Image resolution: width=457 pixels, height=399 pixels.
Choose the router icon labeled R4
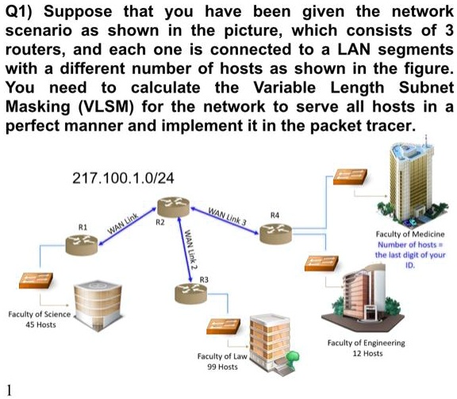[274, 230]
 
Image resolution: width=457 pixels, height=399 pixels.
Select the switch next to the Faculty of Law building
[220, 328]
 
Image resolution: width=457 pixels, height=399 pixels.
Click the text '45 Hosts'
[40, 325]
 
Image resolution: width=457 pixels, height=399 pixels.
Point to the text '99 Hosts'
[222, 367]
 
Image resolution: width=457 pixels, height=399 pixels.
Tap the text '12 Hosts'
[366, 354]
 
